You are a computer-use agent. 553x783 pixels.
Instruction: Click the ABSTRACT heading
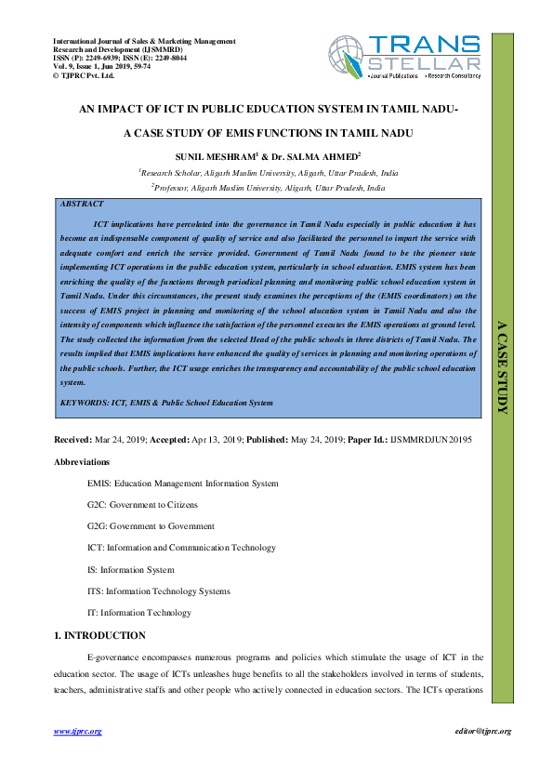[x=81, y=203]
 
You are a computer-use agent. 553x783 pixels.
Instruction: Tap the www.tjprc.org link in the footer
[x=77, y=732]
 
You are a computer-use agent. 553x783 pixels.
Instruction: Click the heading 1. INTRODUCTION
[x=99, y=635]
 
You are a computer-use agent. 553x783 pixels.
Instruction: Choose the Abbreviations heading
[x=82, y=461]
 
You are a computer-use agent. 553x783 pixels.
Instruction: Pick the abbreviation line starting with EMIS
[x=182, y=484]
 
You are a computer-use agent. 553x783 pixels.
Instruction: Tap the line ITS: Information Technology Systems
[x=158, y=591]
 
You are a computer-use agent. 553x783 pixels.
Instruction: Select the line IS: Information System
[x=130, y=570]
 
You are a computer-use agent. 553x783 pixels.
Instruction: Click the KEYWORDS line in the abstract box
[x=166, y=403]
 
